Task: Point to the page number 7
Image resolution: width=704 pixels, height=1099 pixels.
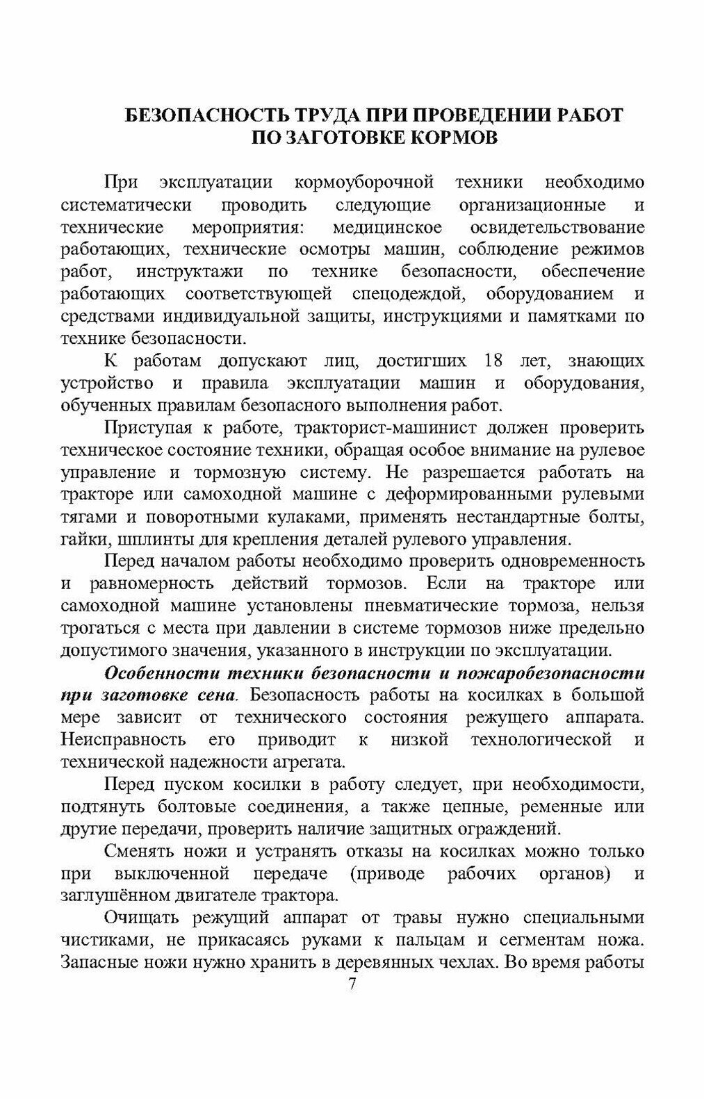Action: [x=352, y=985]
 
